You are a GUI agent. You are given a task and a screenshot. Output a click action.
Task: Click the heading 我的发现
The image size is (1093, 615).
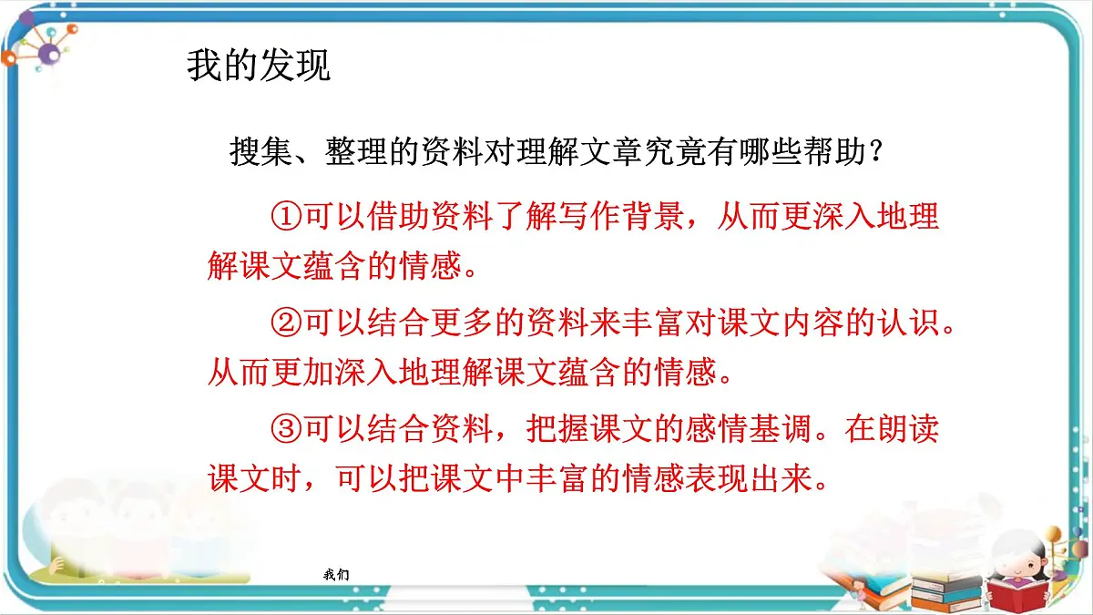tap(259, 67)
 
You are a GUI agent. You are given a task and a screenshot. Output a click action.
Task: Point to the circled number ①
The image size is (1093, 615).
tap(286, 217)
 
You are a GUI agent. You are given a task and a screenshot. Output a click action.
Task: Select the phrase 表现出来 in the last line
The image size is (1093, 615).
tap(746, 478)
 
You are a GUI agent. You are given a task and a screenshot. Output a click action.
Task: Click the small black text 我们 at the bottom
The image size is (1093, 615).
tap(335, 575)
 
